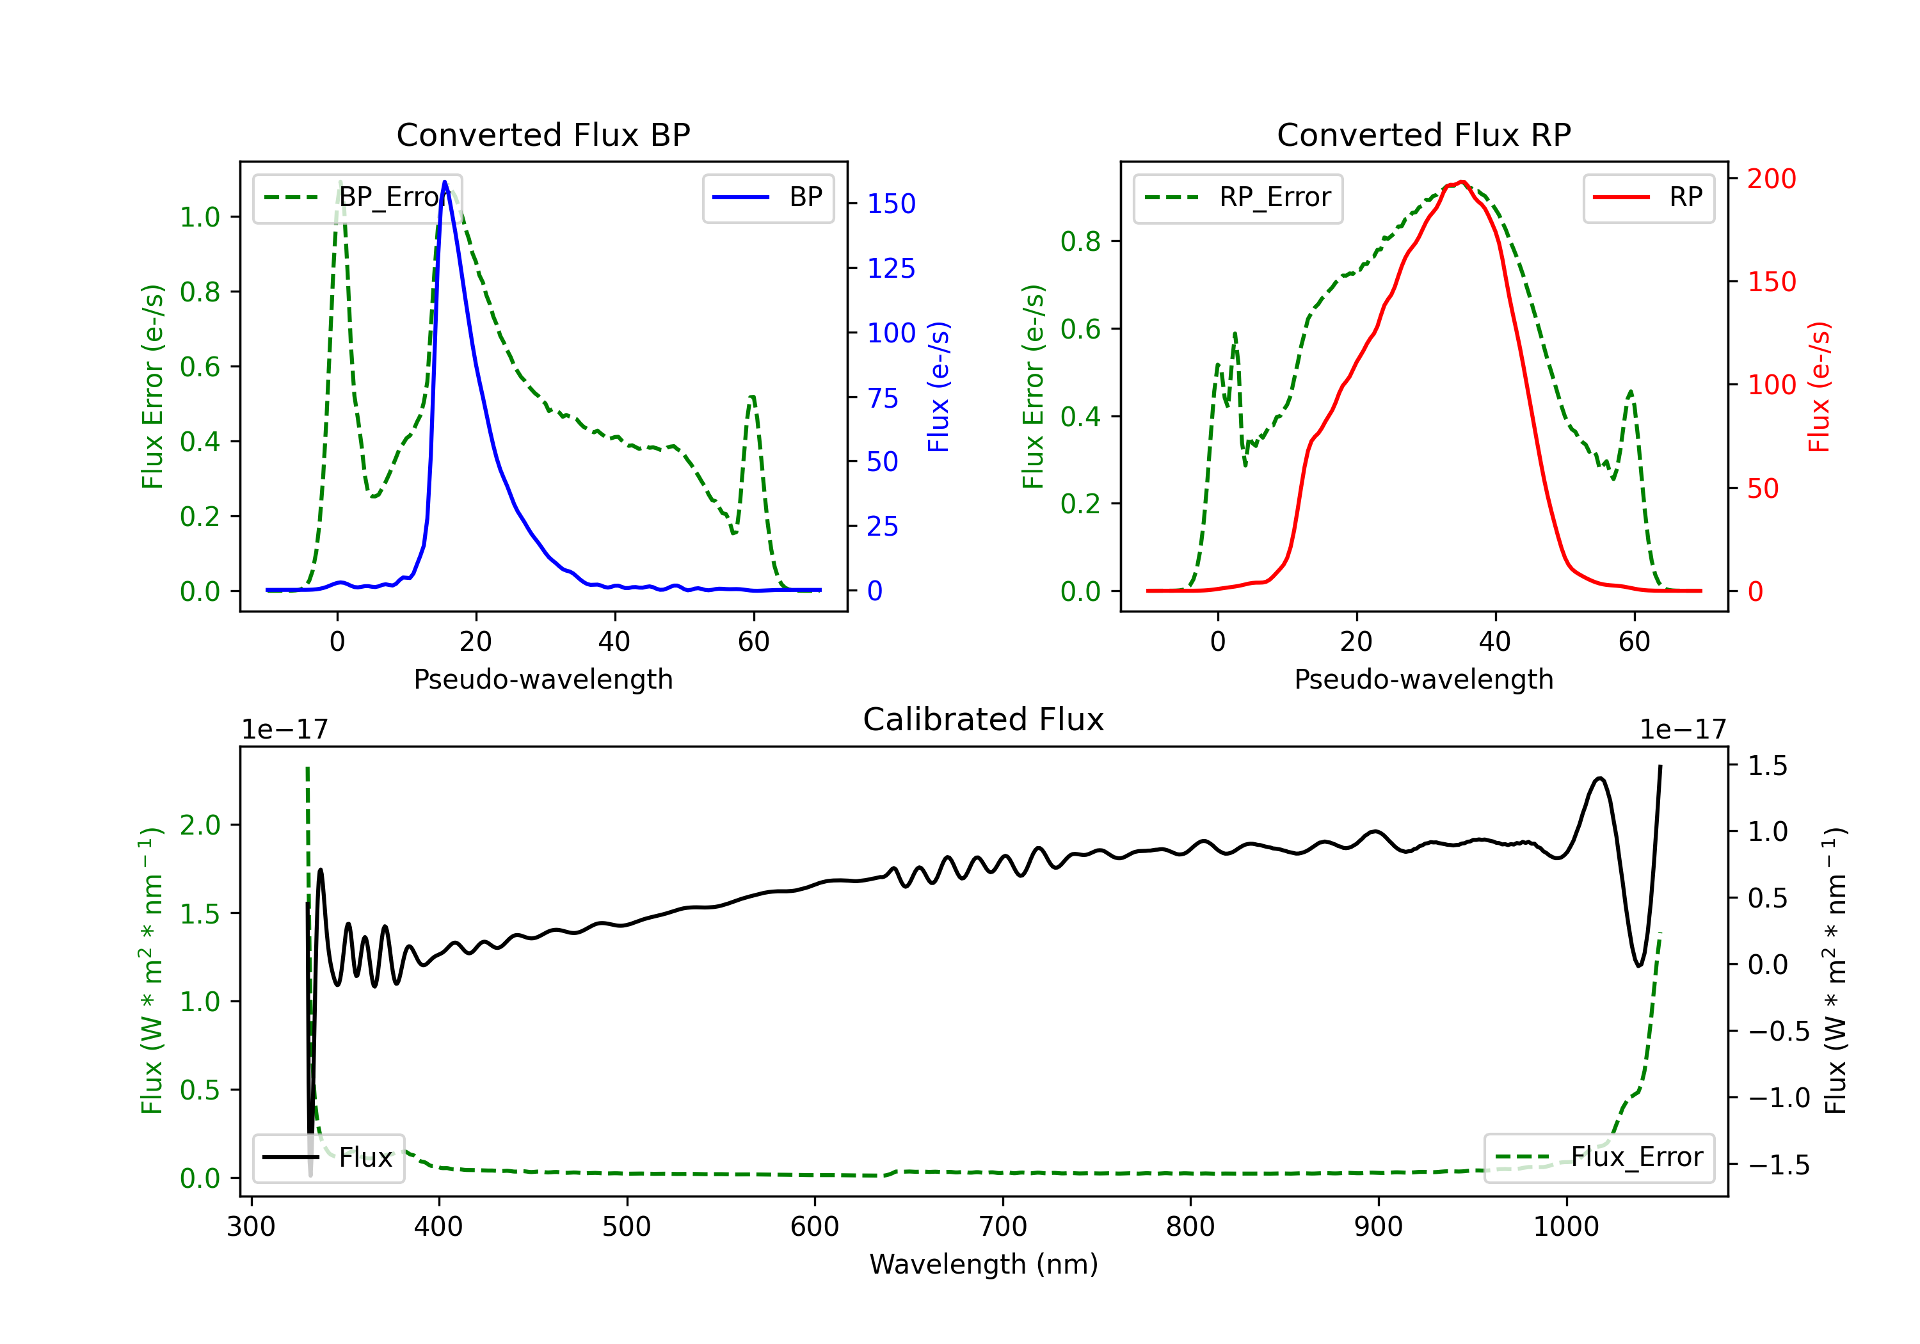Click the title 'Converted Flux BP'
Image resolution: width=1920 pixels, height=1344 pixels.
(x=543, y=134)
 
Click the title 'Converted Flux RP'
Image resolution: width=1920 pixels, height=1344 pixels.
(x=1423, y=134)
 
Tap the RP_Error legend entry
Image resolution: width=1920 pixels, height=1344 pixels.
(x=1238, y=197)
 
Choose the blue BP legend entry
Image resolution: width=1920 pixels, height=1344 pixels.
(x=767, y=197)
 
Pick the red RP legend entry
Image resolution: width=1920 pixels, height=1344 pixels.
(x=1647, y=197)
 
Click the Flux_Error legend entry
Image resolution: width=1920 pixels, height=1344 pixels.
(x=1599, y=1158)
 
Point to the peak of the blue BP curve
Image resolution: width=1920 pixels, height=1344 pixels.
(x=445, y=182)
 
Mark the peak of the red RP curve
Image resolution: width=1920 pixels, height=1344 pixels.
(x=1461, y=182)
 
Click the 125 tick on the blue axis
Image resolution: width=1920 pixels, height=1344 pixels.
(x=891, y=268)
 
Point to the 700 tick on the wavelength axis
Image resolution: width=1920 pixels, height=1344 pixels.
(x=1003, y=1226)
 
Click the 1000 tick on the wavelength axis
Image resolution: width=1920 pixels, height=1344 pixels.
(x=1565, y=1226)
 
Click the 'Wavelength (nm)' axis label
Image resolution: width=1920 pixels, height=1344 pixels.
(x=984, y=1264)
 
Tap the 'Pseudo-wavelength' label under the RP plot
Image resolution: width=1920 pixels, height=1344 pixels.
(x=1423, y=679)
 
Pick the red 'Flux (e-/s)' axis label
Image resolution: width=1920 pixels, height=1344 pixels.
(x=1820, y=387)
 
